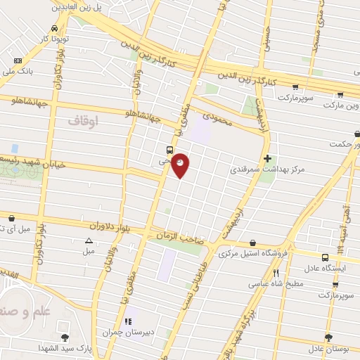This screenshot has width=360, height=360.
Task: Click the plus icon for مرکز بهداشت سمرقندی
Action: [x=267, y=158]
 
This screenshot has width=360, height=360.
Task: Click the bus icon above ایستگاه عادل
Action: [x=324, y=258]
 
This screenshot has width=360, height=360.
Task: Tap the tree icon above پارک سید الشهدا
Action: [x=65, y=337]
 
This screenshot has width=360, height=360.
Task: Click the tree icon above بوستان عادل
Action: [x=328, y=337]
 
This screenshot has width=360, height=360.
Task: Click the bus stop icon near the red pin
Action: [x=169, y=149]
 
